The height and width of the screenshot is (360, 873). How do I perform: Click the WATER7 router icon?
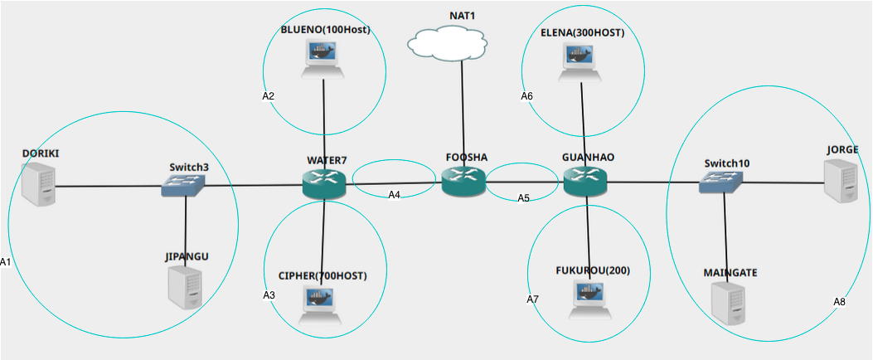coord(324,184)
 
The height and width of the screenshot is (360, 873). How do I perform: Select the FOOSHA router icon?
coord(463,181)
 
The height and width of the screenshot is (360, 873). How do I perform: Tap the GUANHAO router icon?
coord(585,181)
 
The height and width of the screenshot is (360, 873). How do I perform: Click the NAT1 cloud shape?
coord(448,41)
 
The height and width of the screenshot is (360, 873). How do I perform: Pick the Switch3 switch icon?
coord(185,186)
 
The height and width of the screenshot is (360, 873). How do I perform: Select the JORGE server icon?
coord(841,181)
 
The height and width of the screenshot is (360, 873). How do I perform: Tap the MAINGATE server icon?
coord(728,304)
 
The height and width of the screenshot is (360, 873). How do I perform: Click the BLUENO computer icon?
coord(324,59)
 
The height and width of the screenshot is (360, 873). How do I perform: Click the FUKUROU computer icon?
coord(589,299)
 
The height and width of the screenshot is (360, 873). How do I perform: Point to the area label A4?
coord(395,195)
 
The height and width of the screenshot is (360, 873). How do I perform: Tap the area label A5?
coord(523,198)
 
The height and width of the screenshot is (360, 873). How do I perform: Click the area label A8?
coord(839,302)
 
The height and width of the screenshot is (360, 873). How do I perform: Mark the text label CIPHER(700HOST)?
coord(322,275)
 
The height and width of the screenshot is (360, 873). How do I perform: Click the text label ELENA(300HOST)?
coord(581,33)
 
